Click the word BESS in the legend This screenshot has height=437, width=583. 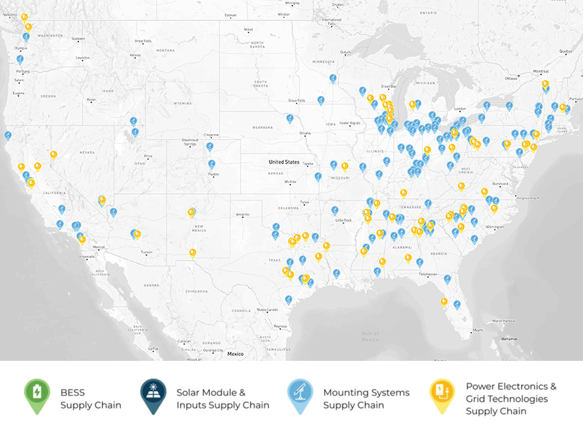72,393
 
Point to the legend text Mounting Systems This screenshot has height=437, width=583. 366,393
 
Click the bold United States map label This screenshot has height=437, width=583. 284,161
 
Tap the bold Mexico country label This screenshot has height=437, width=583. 235,354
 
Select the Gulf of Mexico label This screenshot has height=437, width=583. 370,336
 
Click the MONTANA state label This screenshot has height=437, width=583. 165,51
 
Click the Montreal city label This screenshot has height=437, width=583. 541,71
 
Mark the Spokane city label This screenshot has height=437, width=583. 78,39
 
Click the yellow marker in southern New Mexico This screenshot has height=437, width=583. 193,252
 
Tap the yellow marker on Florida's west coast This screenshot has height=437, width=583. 444,301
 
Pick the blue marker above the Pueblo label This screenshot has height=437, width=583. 211,164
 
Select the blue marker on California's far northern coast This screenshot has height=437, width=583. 8,135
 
